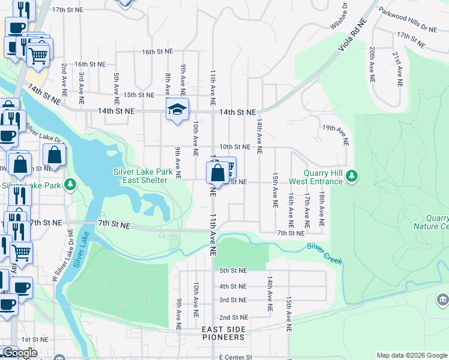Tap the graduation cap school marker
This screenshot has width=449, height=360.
[177, 109]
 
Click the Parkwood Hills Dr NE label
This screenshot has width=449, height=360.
[408, 19]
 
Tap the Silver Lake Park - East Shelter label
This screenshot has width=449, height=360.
[143, 176]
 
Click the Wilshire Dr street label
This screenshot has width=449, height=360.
[339, 16]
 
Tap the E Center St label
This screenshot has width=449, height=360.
[237, 356]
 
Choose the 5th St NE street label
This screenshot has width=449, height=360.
[233, 271]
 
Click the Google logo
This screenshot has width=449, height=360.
[19, 353]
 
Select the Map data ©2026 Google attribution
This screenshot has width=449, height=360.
[411, 355]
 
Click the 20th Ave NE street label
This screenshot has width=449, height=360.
[372, 64]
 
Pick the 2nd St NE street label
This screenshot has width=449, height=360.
[234, 317]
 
